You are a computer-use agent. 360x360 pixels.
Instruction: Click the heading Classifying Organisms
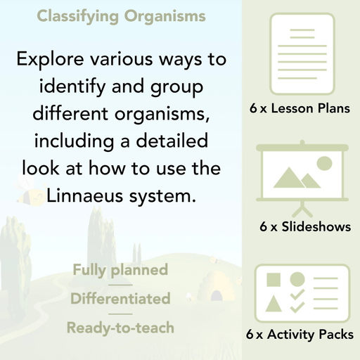(x=121, y=15)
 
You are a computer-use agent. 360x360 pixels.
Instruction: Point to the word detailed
(x=174, y=141)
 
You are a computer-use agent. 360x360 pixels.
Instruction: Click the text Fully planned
(x=120, y=270)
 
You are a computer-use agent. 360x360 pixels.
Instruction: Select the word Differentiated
(x=120, y=299)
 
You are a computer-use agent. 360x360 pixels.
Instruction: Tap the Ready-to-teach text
(x=120, y=327)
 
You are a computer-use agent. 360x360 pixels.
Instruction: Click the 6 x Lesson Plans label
(x=300, y=109)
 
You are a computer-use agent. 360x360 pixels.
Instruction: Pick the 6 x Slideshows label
(x=305, y=227)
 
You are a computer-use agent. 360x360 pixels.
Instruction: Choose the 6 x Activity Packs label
(x=300, y=335)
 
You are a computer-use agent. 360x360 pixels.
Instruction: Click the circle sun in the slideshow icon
(x=323, y=164)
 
